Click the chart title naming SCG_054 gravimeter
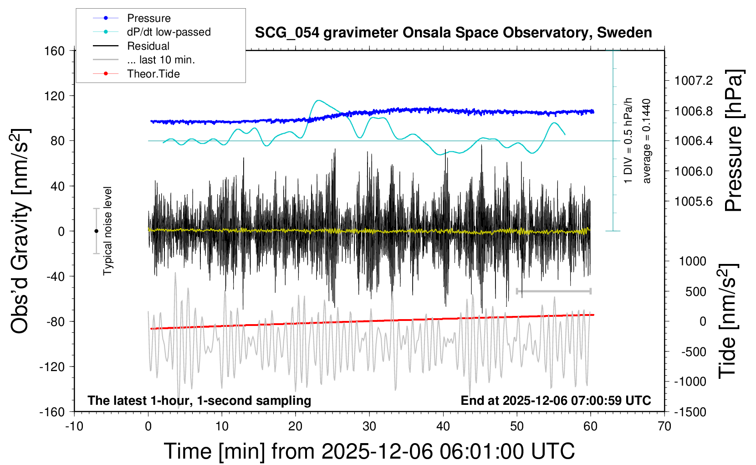pyautogui.click(x=453, y=33)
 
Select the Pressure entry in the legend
pyautogui.click(x=149, y=18)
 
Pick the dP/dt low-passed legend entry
pyautogui.click(x=169, y=32)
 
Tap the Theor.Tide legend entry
pyautogui.click(x=153, y=74)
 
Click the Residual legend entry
pyautogui.click(x=148, y=46)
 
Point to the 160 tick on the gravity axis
pyautogui.click(x=55, y=51)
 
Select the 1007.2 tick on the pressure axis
pyautogui.click(x=693, y=81)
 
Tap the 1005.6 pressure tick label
pyautogui.click(x=693, y=201)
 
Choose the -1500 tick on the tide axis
pyautogui.click(x=690, y=412)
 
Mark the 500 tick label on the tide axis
pyautogui.click(x=696, y=291)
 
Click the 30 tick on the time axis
pyautogui.click(x=369, y=426)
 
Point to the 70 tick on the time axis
pyautogui.click(x=664, y=426)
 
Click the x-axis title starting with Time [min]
pyautogui.click(x=369, y=451)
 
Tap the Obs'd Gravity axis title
pyautogui.click(x=20, y=231)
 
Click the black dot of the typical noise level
pyautogui.click(x=96, y=231)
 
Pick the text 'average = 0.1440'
pyautogui.click(x=647, y=141)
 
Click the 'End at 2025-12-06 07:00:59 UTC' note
pyautogui.click(x=556, y=401)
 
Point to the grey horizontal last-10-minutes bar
pyautogui.click(x=553, y=291)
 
